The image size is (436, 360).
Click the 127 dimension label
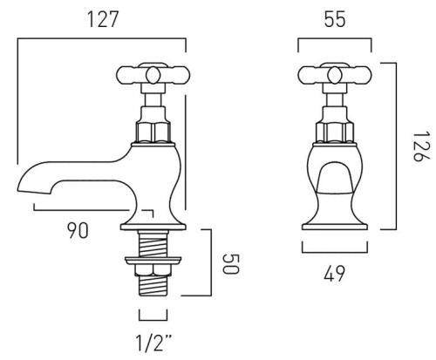tap(103, 19)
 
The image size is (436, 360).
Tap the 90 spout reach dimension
tap(78, 230)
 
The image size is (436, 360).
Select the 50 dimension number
tap(231, 264)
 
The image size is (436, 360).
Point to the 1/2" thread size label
tap(153, 343)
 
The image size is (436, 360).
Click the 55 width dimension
tap(335, 19)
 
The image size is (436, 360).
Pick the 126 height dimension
tap(421, 146)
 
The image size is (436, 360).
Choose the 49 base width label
tap(334, 274)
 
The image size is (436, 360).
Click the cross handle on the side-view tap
tap(153, 75)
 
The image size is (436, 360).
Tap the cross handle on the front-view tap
tap(335, 75)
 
